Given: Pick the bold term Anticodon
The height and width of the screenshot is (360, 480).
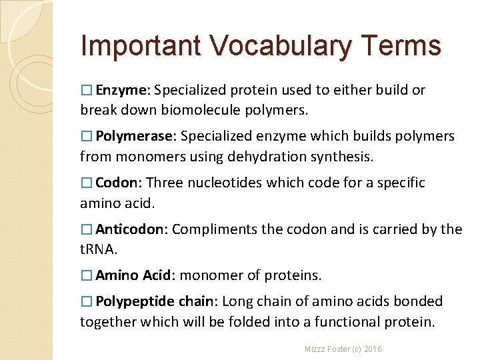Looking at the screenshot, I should coord(130,229).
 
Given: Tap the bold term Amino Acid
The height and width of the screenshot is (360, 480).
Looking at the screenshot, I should coord(134,275).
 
